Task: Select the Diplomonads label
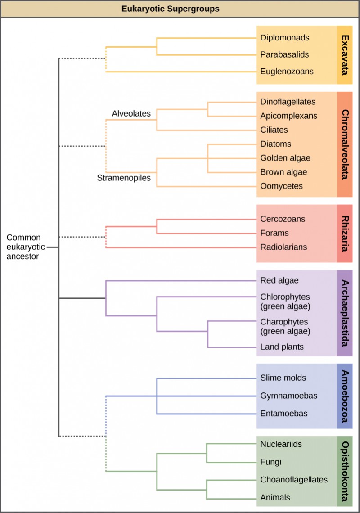284,38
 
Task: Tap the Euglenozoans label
287,71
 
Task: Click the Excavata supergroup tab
345,54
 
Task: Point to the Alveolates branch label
131,114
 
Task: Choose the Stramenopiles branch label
124,178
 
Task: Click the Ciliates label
274,130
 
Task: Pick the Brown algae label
283,172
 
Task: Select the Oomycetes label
281,186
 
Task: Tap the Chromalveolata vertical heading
345,144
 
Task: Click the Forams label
274,233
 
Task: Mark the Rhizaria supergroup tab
345,234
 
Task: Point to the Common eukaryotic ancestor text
23,247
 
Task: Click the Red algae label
279,280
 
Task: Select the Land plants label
282,346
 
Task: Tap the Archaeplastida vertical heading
345,313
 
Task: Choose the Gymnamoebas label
288,396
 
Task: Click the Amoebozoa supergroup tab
345,396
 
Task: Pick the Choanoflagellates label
293,479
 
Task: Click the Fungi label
270,462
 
